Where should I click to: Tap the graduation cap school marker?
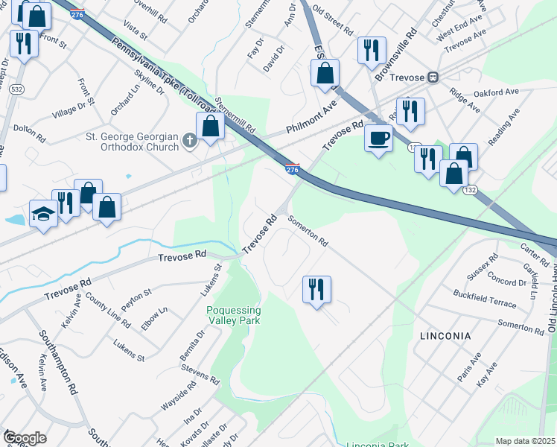point(42,215)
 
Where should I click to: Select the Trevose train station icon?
point(432,77)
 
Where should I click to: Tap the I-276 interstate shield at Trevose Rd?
point(293,170)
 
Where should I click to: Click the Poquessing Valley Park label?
point(234,315)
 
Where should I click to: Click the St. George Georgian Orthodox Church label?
point(133,142)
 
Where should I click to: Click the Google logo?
point(25,438)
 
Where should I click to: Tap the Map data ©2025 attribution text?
point(525,441)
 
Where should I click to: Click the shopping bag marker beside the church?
point(211,126)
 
